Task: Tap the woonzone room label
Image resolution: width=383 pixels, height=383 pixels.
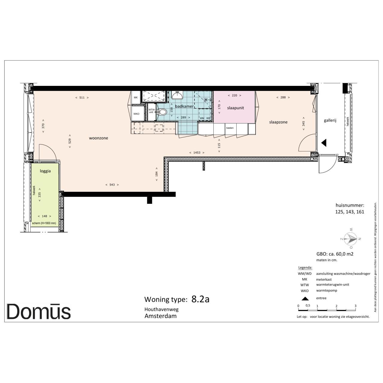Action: point(98,138)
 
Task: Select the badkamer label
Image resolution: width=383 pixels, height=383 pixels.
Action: point(184,106)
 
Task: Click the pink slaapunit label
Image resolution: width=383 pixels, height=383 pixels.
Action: point(235,108)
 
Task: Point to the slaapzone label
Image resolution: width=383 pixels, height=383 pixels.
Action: point(278,122)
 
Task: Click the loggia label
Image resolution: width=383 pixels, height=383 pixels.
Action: point(45,171)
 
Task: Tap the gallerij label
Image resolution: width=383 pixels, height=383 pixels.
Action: point(330,121)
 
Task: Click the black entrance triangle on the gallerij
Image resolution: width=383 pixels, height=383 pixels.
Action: point(324,143)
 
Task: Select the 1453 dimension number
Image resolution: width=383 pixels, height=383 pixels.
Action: point(197,153)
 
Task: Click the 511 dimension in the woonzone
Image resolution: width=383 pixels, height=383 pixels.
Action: point(82,98)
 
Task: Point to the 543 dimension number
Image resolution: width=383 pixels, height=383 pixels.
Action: point(112,185)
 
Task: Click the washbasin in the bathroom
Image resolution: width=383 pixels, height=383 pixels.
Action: point(177,95)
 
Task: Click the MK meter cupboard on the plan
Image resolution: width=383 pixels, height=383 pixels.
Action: point(136,97)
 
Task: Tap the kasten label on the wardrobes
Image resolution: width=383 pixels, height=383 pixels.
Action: point(230,128)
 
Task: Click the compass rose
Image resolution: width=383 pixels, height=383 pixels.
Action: point(351,239)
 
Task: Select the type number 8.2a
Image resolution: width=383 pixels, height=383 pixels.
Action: point(200,299)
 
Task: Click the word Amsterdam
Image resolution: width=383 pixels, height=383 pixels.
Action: point(160,316)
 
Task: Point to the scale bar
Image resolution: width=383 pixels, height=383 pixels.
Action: point(327,310)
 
